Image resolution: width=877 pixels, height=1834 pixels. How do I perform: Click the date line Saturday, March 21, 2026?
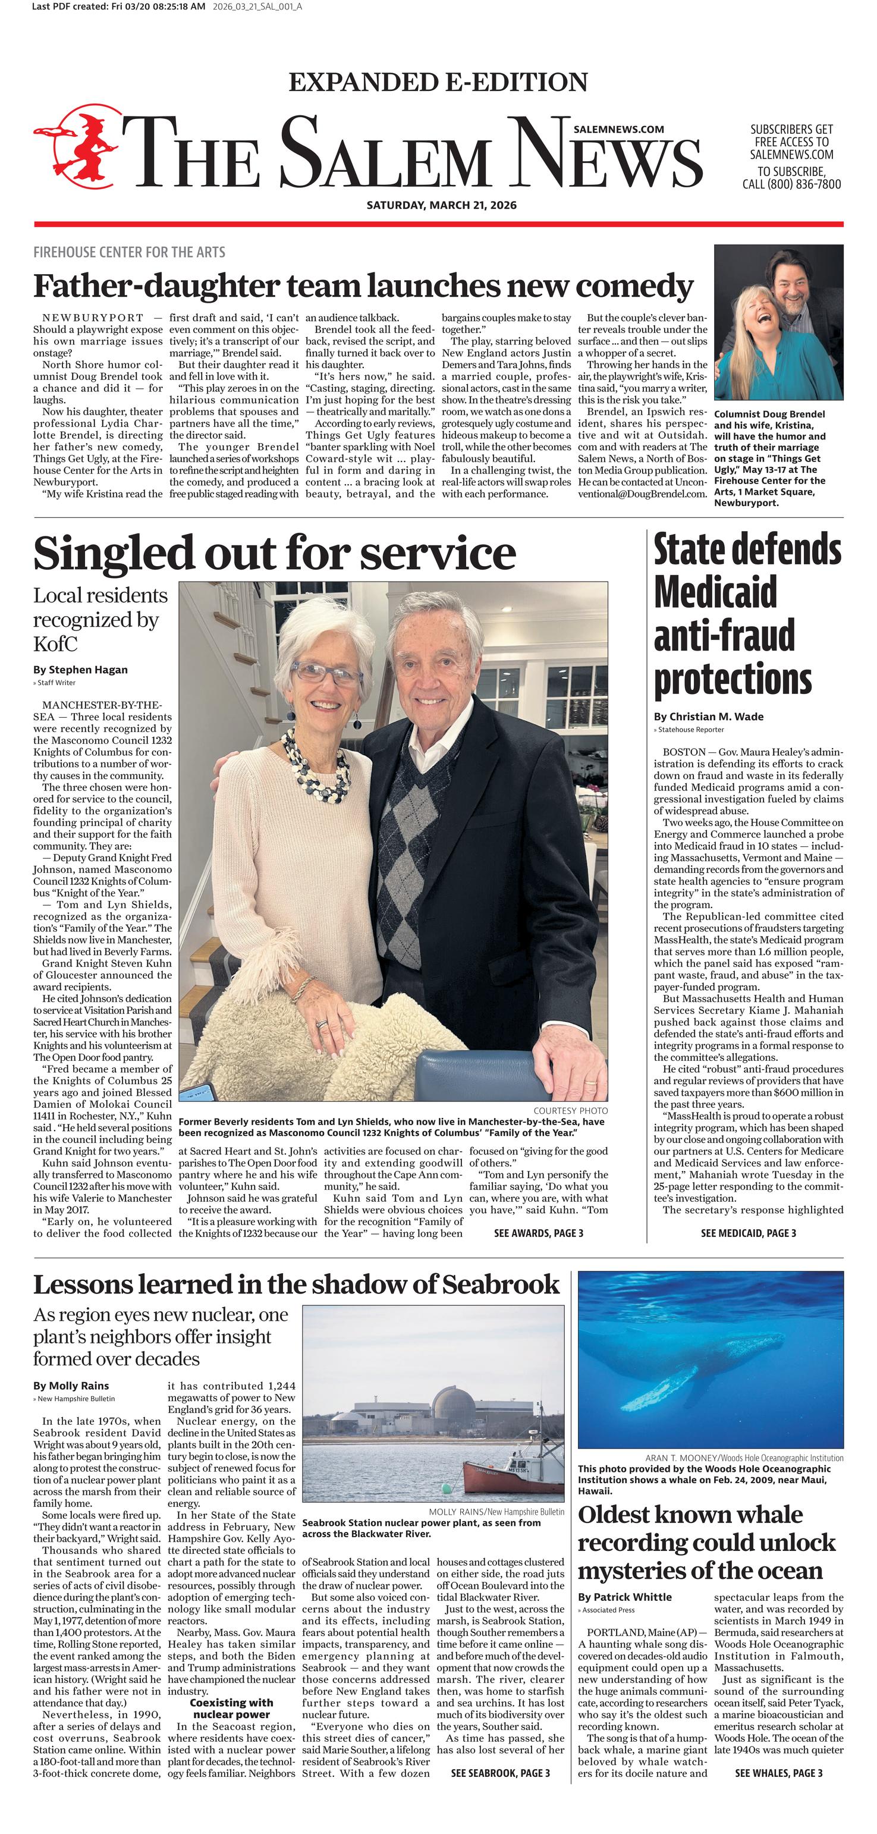tap(441, 205)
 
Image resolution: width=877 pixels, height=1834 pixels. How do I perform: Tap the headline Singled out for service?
tap(274, 553)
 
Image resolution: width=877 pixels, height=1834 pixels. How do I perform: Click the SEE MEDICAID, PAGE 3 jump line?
tap(748, 1233)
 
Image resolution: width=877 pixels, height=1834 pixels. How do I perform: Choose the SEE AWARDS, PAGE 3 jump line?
tap(538, 1233)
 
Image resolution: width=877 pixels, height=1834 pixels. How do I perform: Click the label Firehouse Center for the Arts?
tap(129, 252)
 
